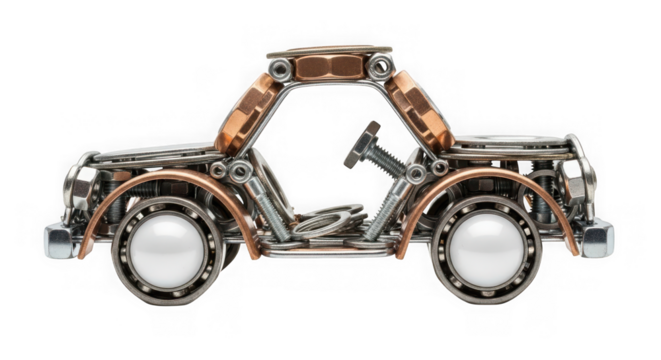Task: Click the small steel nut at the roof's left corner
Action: tap(281, 69)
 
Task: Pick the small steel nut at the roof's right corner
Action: tap(380, 68)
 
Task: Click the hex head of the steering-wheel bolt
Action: tap(361, 144)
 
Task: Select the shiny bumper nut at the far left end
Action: tap(59, 240)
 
